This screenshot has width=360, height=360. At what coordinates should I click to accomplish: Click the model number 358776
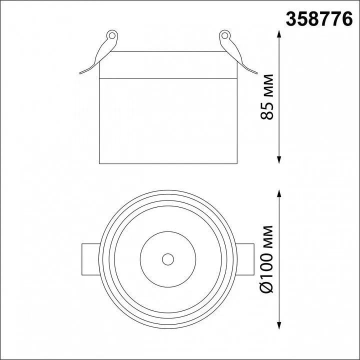point(319,19)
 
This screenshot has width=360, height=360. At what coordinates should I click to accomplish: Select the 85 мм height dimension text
point(267,96)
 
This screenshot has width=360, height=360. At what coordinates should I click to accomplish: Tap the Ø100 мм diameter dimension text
point(267,259)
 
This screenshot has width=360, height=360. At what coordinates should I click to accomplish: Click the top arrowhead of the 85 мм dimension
point(279,34)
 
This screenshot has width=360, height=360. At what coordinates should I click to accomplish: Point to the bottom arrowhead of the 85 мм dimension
point(279,160)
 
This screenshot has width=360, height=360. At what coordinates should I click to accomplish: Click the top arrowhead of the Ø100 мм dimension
point(279,193)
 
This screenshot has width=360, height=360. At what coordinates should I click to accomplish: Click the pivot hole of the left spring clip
point(112,35)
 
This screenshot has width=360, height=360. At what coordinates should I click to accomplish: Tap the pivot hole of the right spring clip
point(225,35)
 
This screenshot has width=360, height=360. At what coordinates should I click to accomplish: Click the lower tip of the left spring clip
point(80,73)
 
